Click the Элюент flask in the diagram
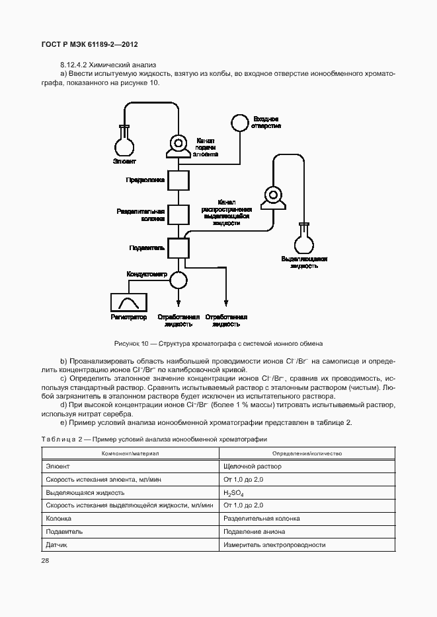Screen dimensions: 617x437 coord(124,143)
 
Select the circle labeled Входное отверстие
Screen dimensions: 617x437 coord(238,122)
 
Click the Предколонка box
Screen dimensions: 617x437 coord(177,179)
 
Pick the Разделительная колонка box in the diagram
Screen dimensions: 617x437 coord(177,214)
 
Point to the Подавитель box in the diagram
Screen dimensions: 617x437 coord(177,248)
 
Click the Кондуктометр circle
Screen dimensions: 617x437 coord(177,279)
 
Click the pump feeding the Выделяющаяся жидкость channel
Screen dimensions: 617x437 coord(272,196)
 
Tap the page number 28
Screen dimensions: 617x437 coord(46,560)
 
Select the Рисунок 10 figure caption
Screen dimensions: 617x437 coord(218,344)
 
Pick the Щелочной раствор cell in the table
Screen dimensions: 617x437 coord(253,467)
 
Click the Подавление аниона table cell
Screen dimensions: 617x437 coord(255,531)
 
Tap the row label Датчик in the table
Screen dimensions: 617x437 coord(57,544)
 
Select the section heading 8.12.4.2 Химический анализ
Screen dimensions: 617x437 coord(107,65)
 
